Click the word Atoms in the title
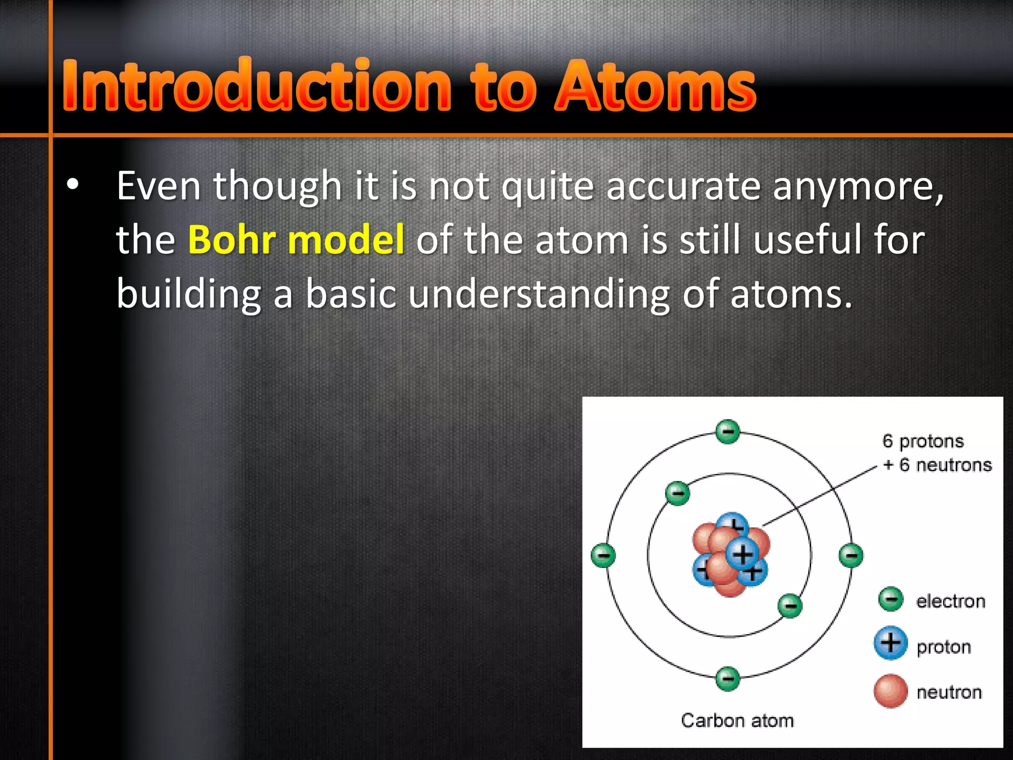[x=655, y=85]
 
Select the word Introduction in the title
[x=257, y=85]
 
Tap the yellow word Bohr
[x=231, y=240]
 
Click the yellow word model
[x=346, y=240]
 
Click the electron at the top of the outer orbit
[x=728, y=431]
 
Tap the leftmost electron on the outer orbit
[x=603, y=555]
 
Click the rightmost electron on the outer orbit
[x=851, y=555]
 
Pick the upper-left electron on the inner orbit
[x=678, y=493]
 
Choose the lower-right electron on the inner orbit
[x=790, y=606]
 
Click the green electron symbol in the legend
[x=891, y=599]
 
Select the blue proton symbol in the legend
[x=890, y=643]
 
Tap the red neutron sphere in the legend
[x=890, y=691]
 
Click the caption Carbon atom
[x=737, y=720]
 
